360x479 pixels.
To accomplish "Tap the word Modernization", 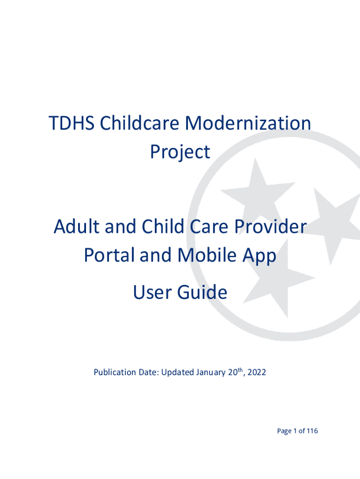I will click(249, 124).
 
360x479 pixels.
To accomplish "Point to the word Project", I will click(180, 152).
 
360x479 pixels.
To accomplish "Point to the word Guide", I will click(203, 293).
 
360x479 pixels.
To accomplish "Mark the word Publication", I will click(115, 373).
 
